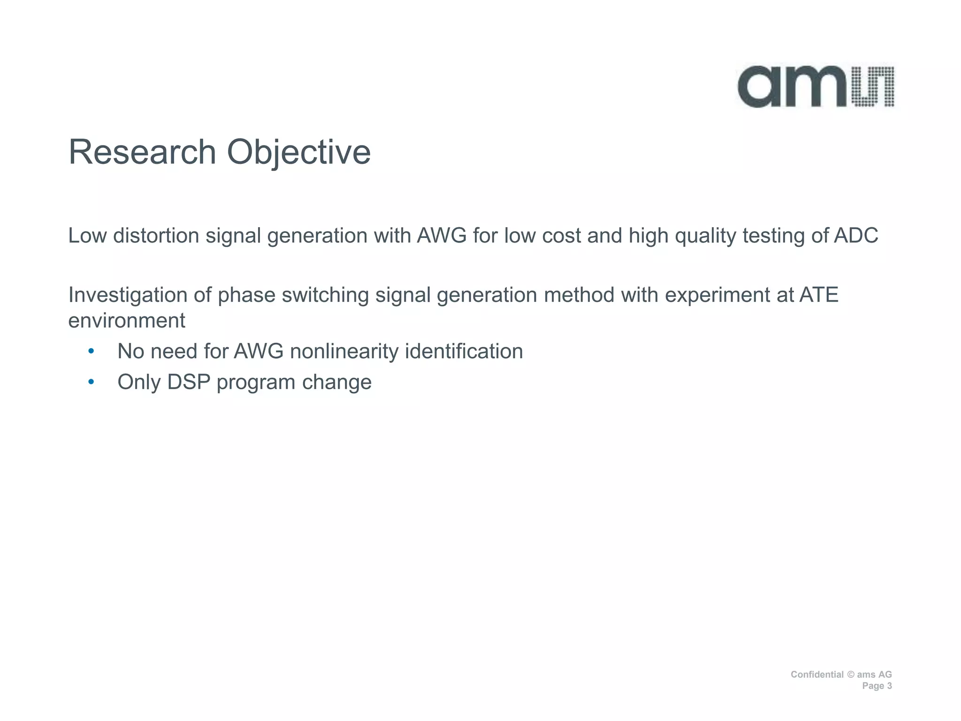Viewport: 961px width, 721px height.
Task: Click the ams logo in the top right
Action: (x=815, y=87)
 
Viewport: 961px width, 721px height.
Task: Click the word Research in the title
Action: (x=142, y=153)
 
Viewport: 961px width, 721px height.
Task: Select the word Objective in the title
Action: (x=299, y=153)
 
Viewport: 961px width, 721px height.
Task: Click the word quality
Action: (x=705, y=236)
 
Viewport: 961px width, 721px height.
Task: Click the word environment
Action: (x=127, y=321)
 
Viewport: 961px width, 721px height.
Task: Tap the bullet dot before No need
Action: (x=91, y=351)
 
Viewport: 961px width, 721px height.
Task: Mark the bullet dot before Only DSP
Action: (x=91, y=382)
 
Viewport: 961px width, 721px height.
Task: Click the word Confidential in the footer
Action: (x=817, y=675)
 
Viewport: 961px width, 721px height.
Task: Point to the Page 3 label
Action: (x=877, y=686)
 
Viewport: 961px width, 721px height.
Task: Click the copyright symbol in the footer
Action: (x=850, y=675)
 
